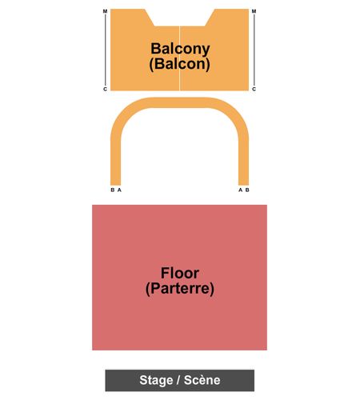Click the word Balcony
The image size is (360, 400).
click(180, 49)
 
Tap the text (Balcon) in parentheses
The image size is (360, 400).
click(179, 64)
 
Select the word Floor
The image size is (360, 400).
click(180, 273)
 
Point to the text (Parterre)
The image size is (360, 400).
click(180, 289)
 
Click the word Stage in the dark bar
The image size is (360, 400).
click(156, 380)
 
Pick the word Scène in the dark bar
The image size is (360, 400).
click(202, 380)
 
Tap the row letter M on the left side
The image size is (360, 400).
click(105, 11)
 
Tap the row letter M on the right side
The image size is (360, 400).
click(254, 11)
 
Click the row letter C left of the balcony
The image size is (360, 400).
click(105, 89)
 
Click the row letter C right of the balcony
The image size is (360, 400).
click(254, 89)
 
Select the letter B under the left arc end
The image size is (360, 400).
click(113, 190)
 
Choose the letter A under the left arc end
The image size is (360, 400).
click(119, 190)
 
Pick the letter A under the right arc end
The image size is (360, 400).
click(240, 190)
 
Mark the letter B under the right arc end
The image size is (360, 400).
click(247, 190)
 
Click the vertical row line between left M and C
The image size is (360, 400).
click(106, 50)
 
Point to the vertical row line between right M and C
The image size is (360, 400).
click(254, 50)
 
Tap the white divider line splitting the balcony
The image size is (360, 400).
click(180, 58)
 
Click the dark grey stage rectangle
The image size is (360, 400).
click(180, 380)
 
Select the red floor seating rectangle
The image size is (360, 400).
click(179, 278)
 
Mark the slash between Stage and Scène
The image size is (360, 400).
click(178, 380)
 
